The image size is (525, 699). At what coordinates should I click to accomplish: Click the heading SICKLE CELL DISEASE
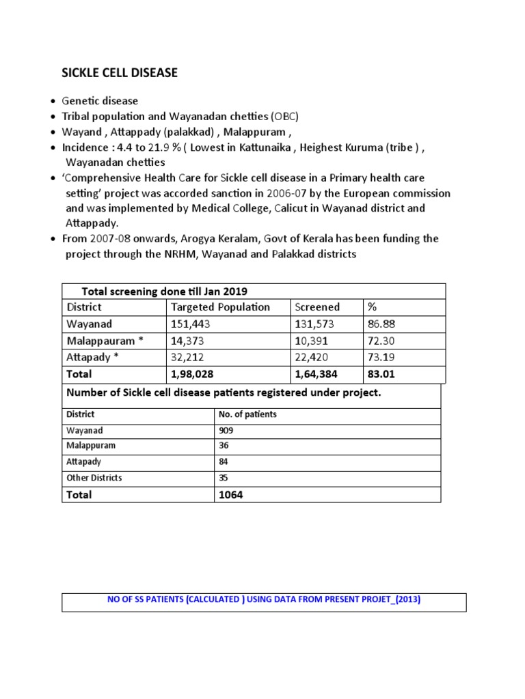pos(120,73)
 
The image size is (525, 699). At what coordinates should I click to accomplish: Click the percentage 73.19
pos(381,357)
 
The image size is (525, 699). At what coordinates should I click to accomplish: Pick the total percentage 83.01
pos(381,374)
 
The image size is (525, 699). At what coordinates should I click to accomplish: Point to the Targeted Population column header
pos(220,307)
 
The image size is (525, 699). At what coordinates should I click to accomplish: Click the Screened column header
pos(317,307)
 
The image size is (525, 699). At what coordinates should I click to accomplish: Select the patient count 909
pos(226,431)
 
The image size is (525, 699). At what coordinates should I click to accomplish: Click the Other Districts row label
pos(94,478)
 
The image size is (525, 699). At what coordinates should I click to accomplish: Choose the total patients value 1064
pos(230,495)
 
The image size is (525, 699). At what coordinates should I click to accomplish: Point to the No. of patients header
pos(247,414)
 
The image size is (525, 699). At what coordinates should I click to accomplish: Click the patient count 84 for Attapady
pos(224,462)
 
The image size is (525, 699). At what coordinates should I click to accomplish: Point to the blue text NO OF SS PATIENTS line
pos(264,601)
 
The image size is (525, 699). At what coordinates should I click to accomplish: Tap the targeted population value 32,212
pos(187,357)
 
